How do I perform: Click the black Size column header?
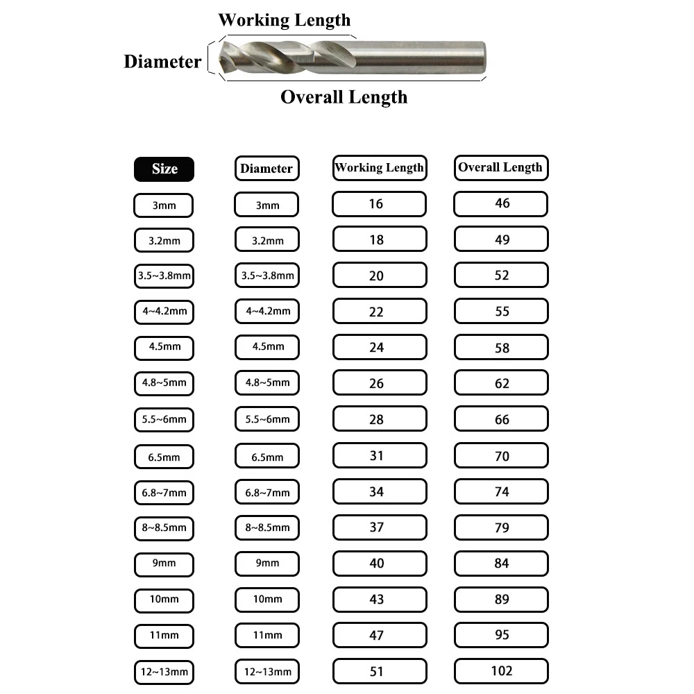tap(164, 169)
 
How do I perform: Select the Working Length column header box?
tap(379, 168)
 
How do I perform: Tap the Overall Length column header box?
tap(500, 167)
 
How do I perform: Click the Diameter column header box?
tap(266, 169)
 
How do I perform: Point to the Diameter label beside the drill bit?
tap(162, 61)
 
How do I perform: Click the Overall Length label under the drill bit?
tap(344, 96)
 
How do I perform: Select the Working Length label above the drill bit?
tap(285, 19)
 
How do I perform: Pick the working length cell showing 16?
tap(379, 204)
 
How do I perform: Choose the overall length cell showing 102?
tap(500, 671)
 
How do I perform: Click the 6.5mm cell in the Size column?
tap(164, 457)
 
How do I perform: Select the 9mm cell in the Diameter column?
tap(266, 563)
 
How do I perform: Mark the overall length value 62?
tap(500, 383)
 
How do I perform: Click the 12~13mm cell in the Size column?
tap(164, 672)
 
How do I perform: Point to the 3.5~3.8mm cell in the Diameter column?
tap(266, 276)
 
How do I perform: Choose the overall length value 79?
tap(500, 527)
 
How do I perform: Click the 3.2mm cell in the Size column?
tap(164, 240)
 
